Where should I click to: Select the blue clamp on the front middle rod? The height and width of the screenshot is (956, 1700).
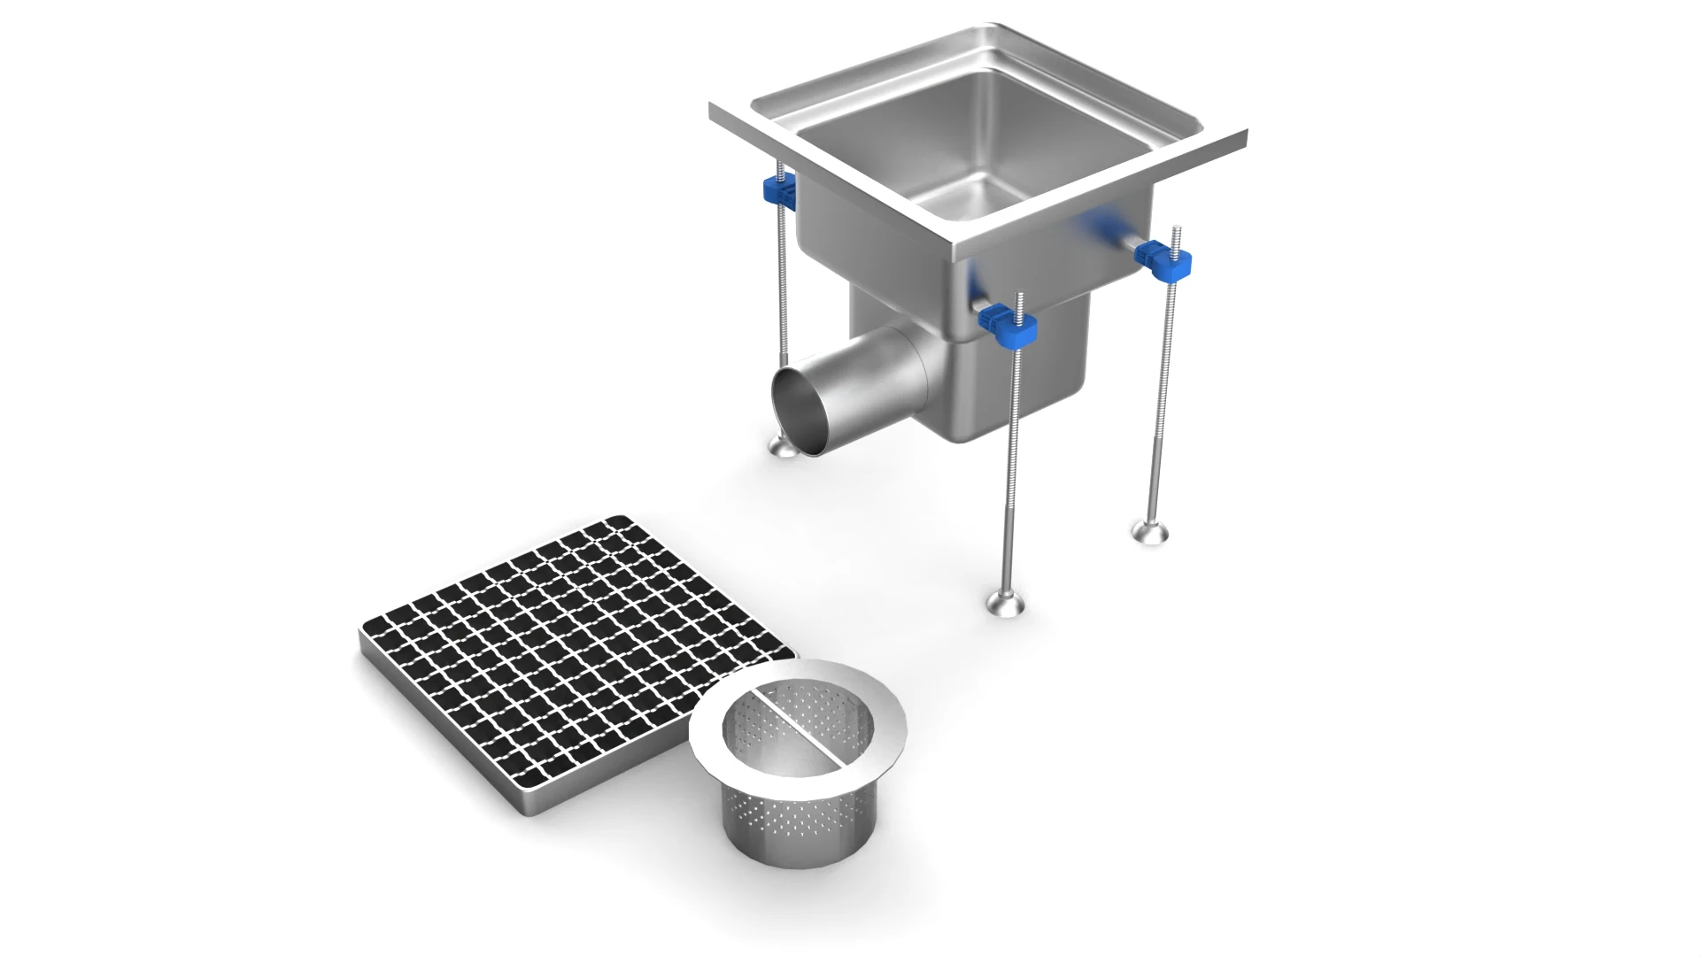click(x=1009, y=326)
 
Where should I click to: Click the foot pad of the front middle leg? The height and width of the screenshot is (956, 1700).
click(x=1008, y=605)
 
